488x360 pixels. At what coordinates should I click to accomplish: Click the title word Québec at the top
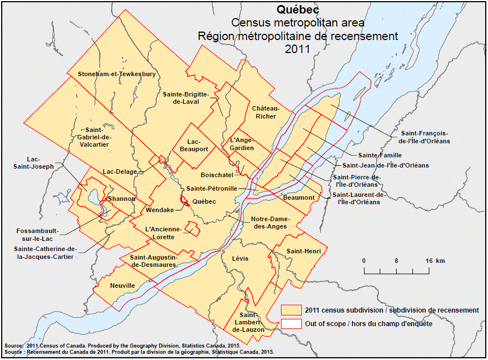[x=297, y=10]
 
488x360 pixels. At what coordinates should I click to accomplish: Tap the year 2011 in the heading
[x=297, y=49]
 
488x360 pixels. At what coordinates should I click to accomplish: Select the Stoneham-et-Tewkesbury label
[x=117, y=74]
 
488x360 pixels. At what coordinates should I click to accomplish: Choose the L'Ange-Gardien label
[x=241, y=143]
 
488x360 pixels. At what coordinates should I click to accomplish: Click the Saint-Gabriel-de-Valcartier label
[x=90, y=137]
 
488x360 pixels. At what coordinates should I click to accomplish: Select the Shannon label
[x=122, y=199]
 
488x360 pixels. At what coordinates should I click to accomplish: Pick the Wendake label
[x=160, y=210]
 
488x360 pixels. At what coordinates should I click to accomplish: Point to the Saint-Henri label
[x=300, y=251]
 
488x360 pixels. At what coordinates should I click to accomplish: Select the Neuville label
[x=123, y=286]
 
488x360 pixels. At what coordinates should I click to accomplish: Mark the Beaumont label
[x=299, y=197]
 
